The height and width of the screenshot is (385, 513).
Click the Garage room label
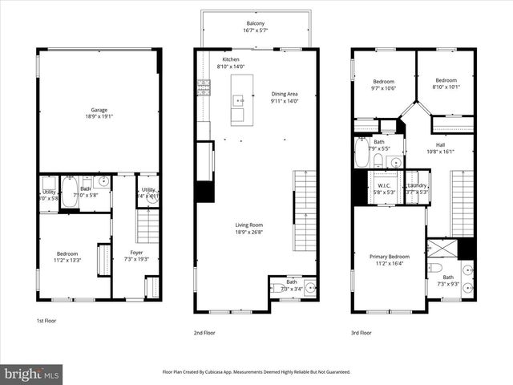click(x=99, y=110)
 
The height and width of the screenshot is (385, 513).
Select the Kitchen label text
click(x=231, y=59)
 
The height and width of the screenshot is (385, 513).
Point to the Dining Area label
click(x=285, y=95)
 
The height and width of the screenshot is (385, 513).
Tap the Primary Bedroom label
click(x=390, y=257)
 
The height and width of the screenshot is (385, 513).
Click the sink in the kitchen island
click(x=238, y=101)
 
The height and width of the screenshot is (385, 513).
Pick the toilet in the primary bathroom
click(x=434, y=268)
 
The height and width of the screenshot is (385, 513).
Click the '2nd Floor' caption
click(x=204, y=332)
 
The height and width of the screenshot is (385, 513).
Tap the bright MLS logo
click(x=32, y=374)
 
